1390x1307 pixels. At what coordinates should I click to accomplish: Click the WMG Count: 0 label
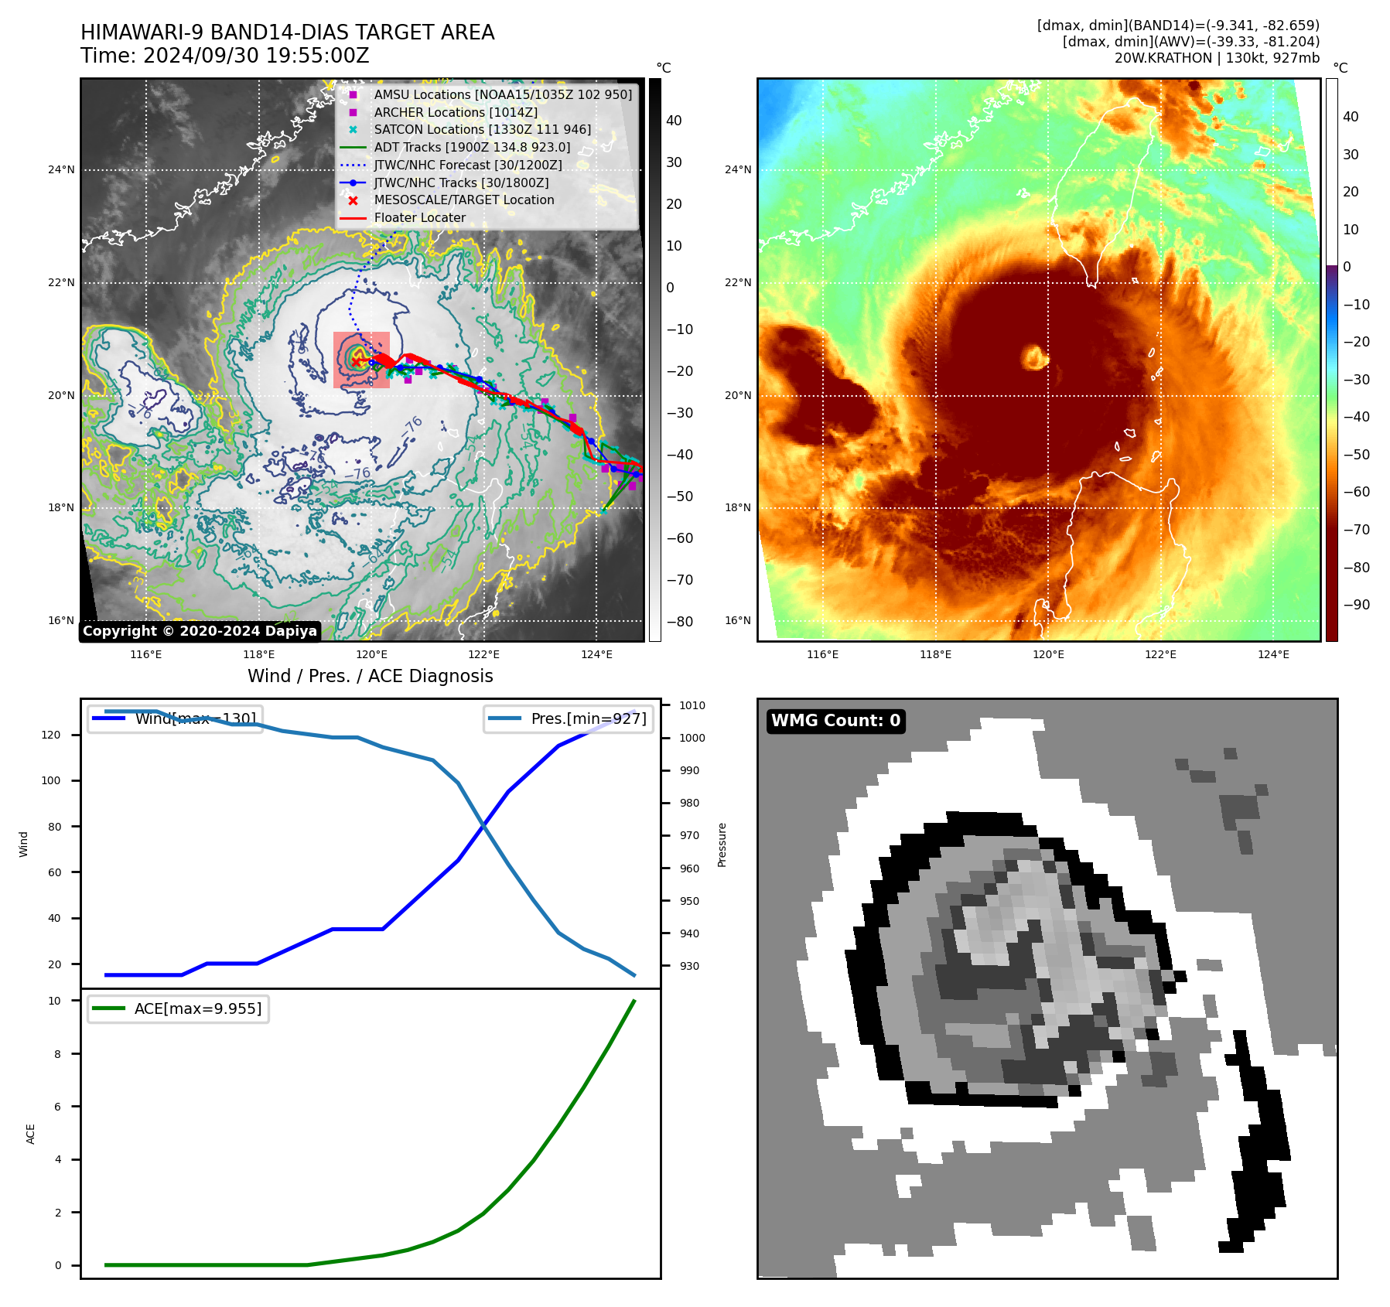coord(835,721)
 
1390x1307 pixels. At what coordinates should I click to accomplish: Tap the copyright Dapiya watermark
coord(200,631)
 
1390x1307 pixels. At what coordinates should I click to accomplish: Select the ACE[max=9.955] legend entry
coord(197,1008)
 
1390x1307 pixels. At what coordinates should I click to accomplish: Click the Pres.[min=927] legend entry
coord(588,718)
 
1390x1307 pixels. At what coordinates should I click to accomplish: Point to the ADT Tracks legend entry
coord(472,147)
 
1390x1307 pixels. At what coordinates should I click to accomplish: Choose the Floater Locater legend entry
coord(419,218)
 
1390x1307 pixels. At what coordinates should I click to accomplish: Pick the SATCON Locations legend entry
coord(482,129)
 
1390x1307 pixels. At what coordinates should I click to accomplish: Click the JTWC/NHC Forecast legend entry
coord(468,165)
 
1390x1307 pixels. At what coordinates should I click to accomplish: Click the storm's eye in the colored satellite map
coord(1034,357)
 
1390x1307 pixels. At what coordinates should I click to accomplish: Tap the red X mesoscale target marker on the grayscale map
coord(356,362)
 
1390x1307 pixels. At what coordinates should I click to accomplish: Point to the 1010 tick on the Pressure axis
coord(692,705)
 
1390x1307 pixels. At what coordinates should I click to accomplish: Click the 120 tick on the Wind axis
coord(51,735)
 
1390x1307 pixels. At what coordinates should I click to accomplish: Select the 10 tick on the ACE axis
coord(54,1001)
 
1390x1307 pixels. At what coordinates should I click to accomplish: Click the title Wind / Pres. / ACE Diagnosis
coord(370,676)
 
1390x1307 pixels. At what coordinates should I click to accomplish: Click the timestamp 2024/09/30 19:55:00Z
coord(256,56)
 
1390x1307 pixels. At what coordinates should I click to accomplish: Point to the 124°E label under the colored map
coord(1273,654)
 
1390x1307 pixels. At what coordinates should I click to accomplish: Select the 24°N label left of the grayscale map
coord(61,169)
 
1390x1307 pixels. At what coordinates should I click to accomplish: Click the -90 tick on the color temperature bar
coord(1356,605)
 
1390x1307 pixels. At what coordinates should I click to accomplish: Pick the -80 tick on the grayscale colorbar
coord(679,622)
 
